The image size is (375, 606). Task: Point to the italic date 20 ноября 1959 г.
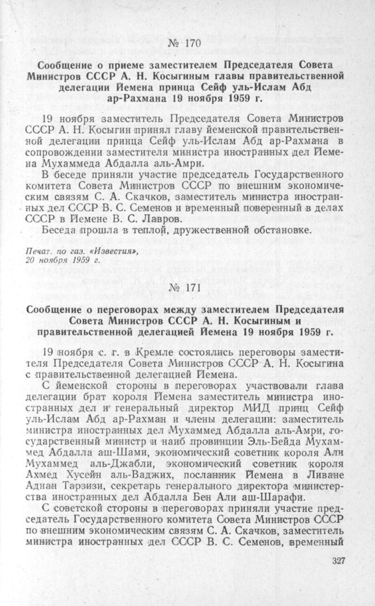[55, 260]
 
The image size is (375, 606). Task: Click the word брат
[101, 398]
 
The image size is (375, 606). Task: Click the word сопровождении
[63, 155]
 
